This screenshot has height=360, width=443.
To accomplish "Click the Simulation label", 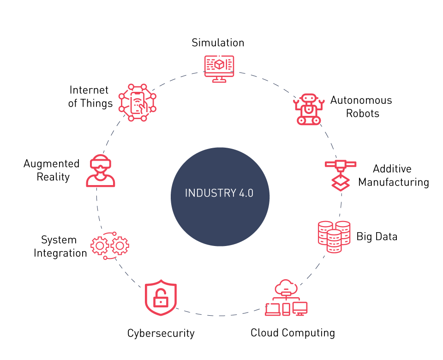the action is pyautogui.click(x=218, y=42).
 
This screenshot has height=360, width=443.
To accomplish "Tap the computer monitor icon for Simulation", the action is pyautogui.click(x=219, y=69).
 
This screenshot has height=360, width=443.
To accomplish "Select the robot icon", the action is pyautogui.click(x=309, y=109).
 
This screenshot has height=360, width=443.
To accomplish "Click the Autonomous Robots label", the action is pyautogui.click(x=361, y=107).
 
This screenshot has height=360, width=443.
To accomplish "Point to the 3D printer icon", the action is pyautogui.click(x=341, y=175).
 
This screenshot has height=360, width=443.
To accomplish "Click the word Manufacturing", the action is pyautogui.click(x=394, y=183).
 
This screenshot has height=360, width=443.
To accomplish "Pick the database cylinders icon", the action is pyautogui.click(x=334, y=237).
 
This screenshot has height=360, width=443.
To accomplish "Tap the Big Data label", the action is pyautogui.click(x=377, y=236).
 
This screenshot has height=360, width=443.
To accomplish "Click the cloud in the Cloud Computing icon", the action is pyautogui.click(x=286, y=288).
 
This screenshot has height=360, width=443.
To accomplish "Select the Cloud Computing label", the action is pyautogui.click(x=293, y=333).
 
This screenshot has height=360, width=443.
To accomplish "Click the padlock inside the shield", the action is pyautogui.click(x=161, y=299).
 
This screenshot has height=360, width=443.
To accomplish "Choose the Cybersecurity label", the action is pyautogui.click(x=161, y=333).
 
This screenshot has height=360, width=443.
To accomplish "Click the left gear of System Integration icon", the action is pyautogui.click(x=100, y=246).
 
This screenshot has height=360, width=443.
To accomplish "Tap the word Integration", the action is pyautogui.click(x=60, y=253).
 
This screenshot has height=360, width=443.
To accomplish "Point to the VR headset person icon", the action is pyautogui.click(x=101, y=171).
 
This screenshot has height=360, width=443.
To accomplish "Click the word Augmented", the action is pyautogui.click(x=51, y=164).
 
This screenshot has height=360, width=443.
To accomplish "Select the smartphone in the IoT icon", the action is pyautogui.click(x=138, y=103).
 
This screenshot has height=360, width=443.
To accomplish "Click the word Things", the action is pyautogui.click(x=96, y=103).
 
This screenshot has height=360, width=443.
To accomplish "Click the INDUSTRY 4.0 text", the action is pyautogui.click(x=219, y=193).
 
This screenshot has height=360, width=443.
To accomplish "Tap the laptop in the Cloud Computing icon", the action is pyautogui.click(x=273, y=309).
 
